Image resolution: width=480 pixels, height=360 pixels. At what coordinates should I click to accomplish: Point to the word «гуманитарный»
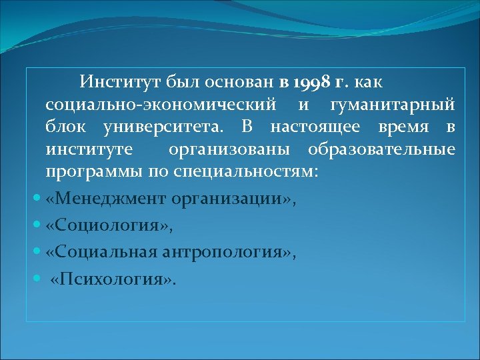click(392, 105)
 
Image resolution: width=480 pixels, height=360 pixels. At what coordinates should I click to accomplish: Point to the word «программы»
click(92, 171)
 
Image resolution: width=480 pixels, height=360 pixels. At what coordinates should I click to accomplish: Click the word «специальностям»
click(243, 171)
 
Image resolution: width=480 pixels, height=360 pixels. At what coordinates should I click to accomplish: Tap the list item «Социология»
click(110, 226)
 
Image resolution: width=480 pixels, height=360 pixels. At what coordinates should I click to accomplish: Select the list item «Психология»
click(114, 279)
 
